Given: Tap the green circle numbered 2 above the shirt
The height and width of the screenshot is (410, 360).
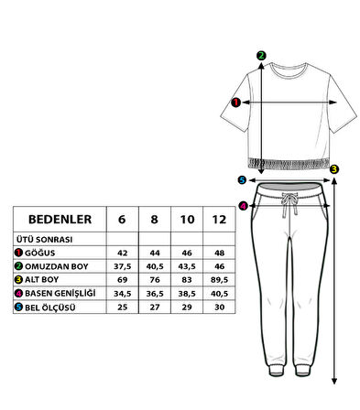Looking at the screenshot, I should pos(261,55).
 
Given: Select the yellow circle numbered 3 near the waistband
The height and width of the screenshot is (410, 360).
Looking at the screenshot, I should pos(334,168).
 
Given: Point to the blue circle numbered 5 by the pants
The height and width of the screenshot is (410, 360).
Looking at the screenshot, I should pos(242,180).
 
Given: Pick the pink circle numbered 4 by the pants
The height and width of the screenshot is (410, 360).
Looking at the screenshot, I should pos(242,205).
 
